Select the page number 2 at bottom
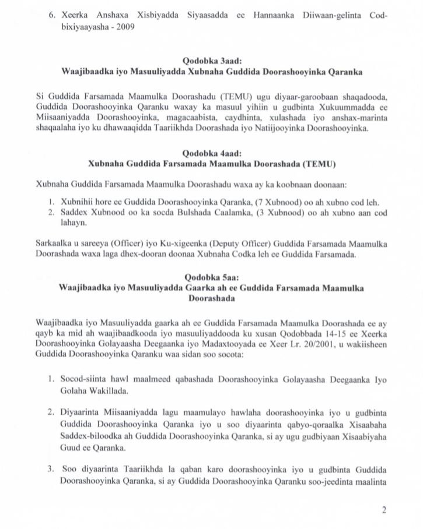coord(384,511)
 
